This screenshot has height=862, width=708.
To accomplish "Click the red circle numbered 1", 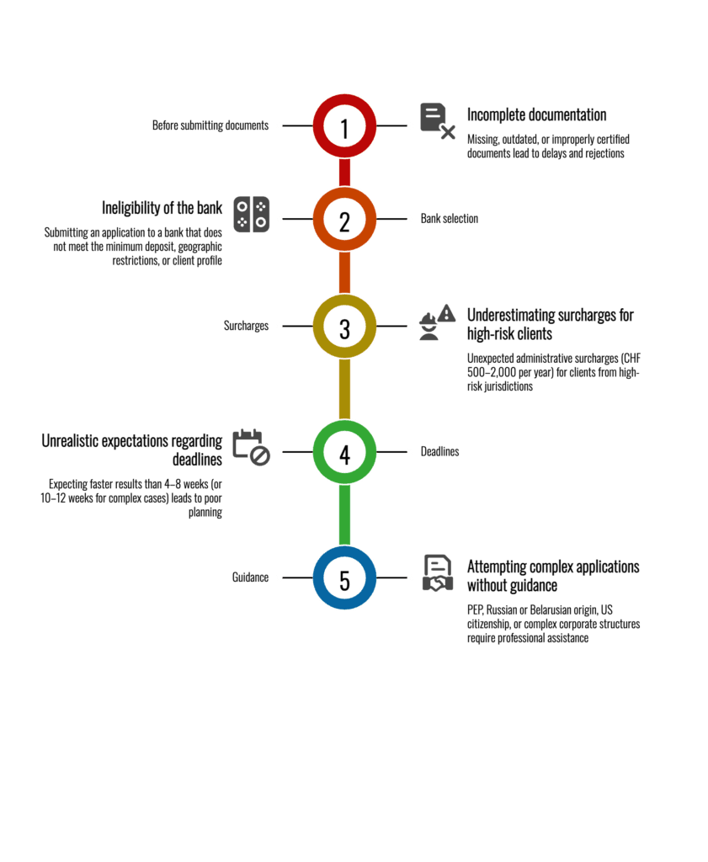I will click(x=344, y=126).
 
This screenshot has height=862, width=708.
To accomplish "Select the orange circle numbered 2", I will click(x=344, y=219).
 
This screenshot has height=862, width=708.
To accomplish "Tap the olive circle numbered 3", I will click(x=344, y=326).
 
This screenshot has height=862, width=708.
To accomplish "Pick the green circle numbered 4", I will click(x=344, y=452).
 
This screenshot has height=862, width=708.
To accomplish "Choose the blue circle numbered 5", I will click(x=344, y=578).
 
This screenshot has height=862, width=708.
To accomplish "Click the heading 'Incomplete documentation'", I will click(x=537, y=115).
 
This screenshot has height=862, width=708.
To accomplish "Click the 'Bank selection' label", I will click(x=450, y=219).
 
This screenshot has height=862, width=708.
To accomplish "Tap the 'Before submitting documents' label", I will click(x=210, y=125).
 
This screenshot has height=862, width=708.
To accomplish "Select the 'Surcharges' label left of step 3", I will click(x=246, y=326).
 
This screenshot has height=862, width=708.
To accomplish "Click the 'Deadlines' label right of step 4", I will click(x=440, y=452).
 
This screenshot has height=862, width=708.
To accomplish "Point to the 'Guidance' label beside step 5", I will click(x=250, y=578).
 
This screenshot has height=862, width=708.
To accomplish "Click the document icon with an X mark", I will click(x=437, y=120).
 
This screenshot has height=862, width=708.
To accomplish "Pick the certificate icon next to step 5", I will click(x=436, y=573).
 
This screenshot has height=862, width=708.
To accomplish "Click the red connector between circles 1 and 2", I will click(x=344, y=173).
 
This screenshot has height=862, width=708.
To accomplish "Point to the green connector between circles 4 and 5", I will click(x=344, y=515).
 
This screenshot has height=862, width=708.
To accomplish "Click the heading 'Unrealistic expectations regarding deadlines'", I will click(x=132, y=450).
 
